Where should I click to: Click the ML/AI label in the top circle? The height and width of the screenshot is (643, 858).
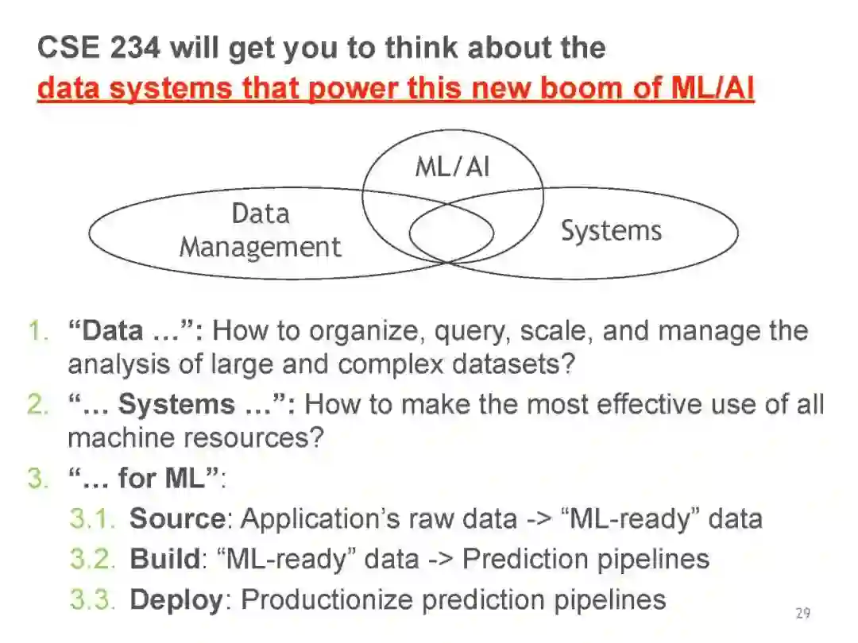tap(452, 167)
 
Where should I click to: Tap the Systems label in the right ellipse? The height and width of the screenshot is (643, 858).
tap(611, 231)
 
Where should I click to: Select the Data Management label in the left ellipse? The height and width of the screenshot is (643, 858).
tap(260, 230)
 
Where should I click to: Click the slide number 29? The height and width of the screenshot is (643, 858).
tap(802, 613)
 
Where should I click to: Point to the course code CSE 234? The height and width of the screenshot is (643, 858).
tap(99, 48)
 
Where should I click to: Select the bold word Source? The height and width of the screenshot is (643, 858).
tap(177, 518)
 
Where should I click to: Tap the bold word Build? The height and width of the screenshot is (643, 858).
tap(164, 558)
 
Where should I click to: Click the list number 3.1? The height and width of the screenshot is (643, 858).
tap(93, 518)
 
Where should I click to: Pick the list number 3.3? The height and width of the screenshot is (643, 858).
tap(93, 599)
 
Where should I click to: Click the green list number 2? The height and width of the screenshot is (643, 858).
tap(37, 404)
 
